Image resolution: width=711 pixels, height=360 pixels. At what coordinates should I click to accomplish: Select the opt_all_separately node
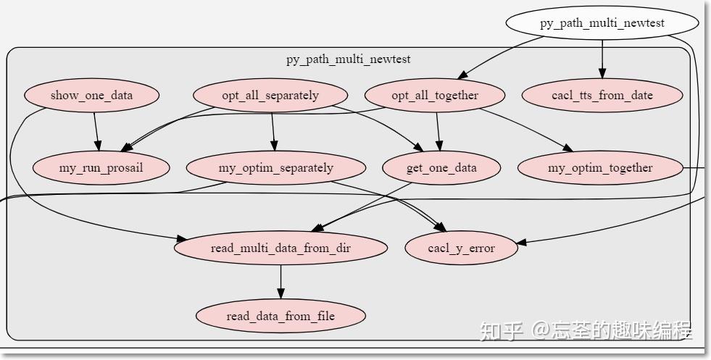(270, 96)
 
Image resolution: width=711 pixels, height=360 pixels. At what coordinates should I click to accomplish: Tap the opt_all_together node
(435, 96)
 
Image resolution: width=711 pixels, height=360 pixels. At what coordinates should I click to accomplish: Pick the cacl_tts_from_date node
(602, 96)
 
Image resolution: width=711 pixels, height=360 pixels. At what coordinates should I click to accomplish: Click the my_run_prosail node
(101, 168)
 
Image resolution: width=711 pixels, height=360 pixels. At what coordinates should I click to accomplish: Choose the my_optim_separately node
(276, 168)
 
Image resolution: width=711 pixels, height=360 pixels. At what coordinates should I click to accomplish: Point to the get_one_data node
(441, 168)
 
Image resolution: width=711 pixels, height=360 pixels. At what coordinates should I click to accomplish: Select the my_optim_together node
(600, 168)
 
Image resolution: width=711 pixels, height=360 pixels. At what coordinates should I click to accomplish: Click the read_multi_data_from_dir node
(280, 248)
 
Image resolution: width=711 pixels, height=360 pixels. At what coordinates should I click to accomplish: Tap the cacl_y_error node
(461, 248)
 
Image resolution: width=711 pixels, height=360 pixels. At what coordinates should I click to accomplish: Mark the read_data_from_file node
(280, 316)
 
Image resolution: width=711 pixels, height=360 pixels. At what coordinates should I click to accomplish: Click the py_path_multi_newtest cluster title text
(348, 59)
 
